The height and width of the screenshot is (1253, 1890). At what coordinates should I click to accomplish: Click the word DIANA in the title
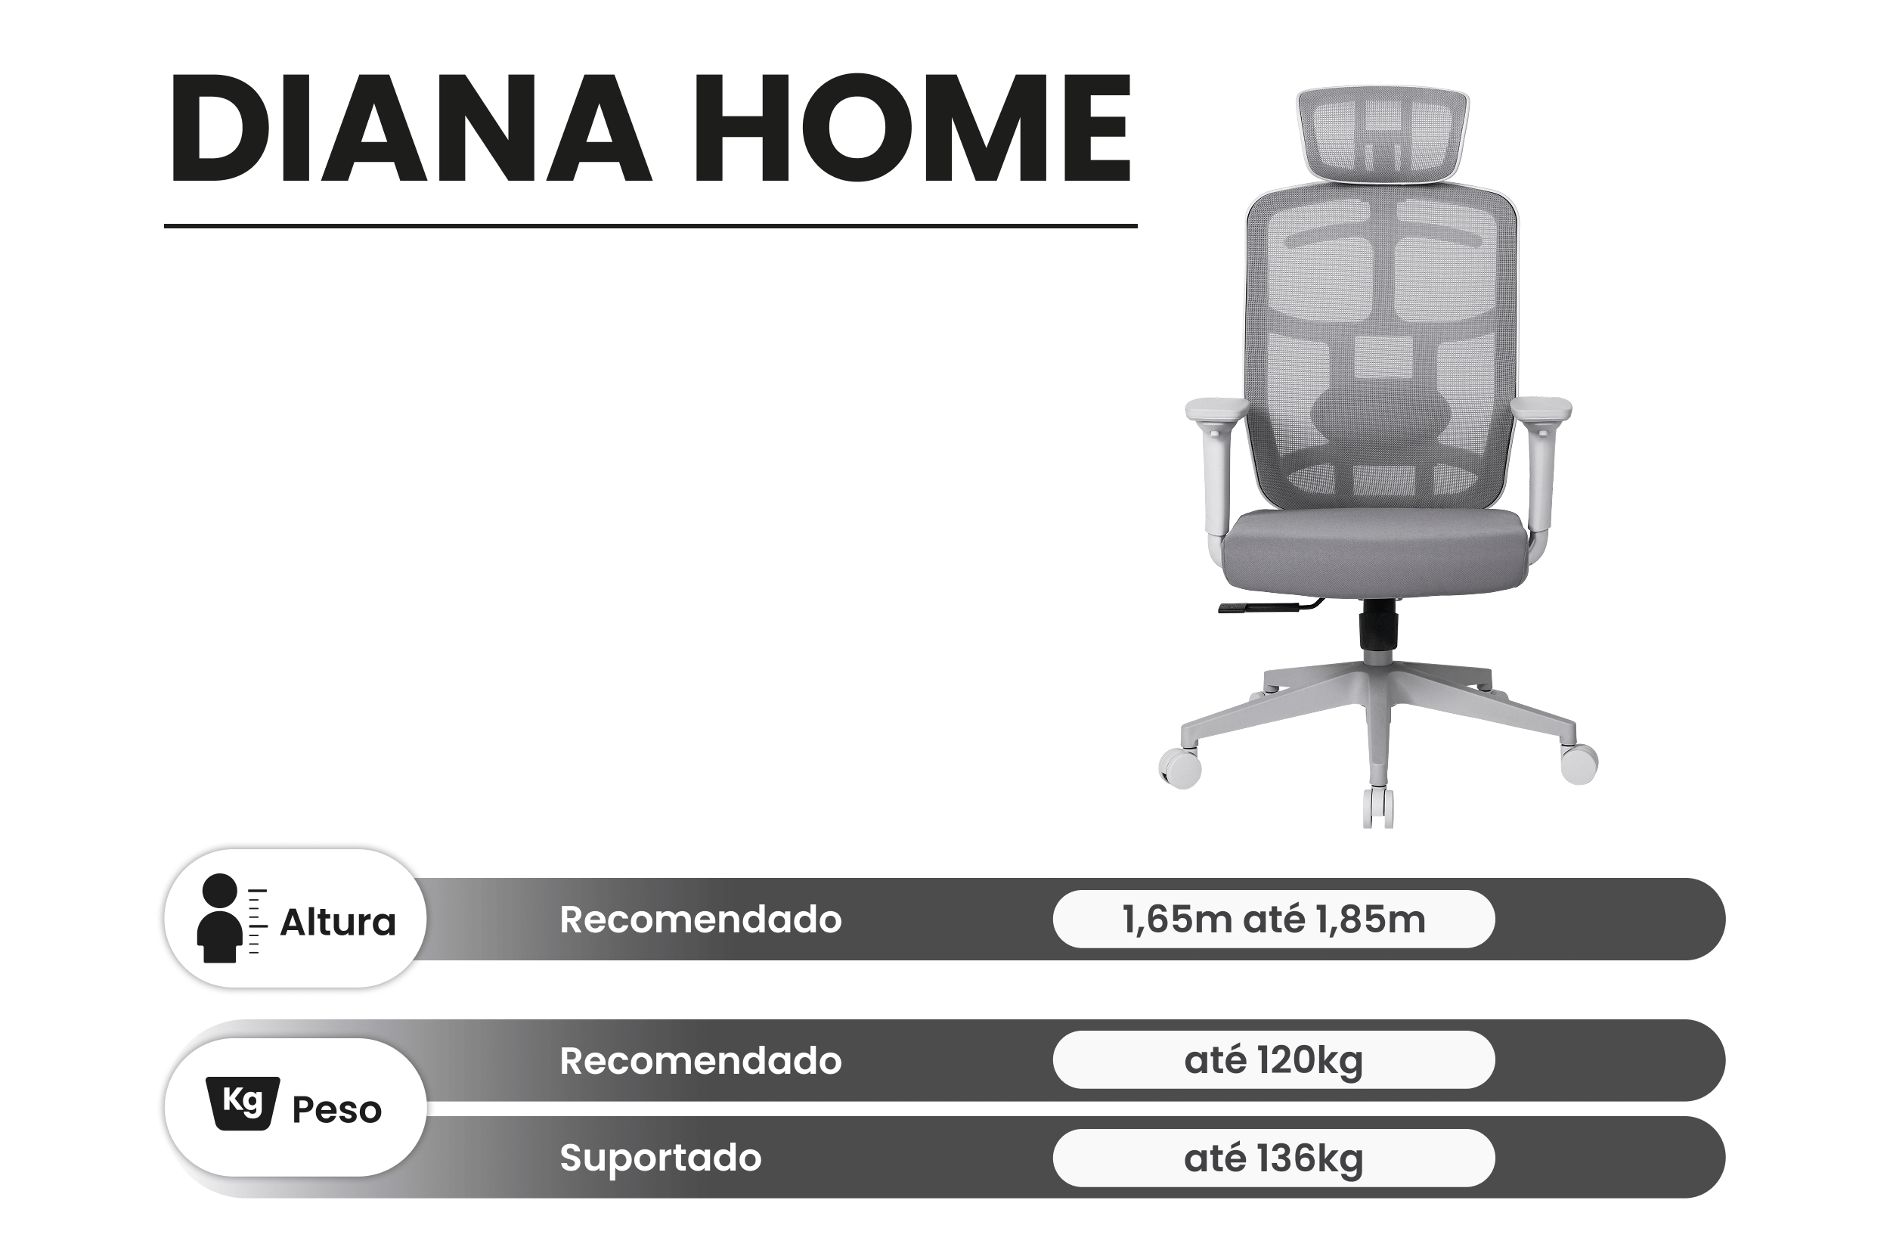[x=410, y=129]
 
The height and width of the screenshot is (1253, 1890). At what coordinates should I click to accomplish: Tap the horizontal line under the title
[x=650, y=226]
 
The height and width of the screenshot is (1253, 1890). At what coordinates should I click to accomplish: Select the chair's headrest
[x=1382, y=132]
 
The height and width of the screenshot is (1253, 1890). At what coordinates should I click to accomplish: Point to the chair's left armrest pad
[x=1216, y=410]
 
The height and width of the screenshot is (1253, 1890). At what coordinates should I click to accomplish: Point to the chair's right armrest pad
[x=1541, y=409]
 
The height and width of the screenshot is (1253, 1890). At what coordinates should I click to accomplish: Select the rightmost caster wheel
[x=1579, y=763]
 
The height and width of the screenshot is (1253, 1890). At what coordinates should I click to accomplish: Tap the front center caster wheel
[x=1378, y=808]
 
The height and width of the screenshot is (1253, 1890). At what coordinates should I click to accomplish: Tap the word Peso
[x=337, y=1110]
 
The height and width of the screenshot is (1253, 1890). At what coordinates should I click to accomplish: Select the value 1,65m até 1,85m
[x=1273, y=919]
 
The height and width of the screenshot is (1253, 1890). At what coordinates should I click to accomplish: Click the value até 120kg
[x=1273, y=1060]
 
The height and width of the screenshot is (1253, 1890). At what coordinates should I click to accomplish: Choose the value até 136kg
[x=1273, y=1158]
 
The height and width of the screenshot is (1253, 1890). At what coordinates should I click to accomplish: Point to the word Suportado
[x=661, y=1158]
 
